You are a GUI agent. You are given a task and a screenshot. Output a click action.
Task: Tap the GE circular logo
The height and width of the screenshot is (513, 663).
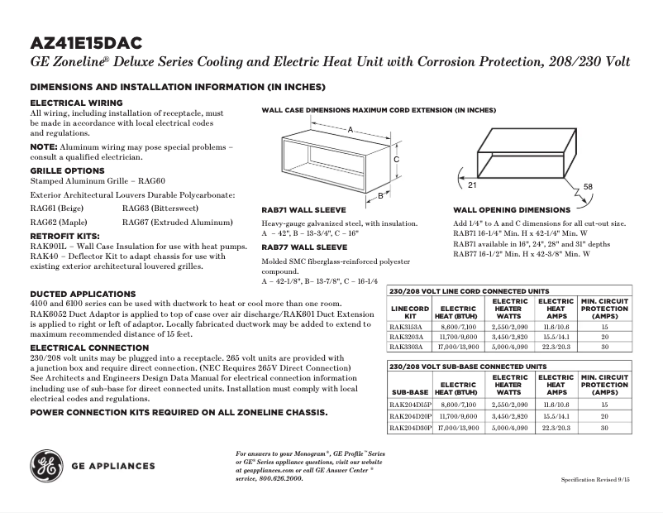[45, 466]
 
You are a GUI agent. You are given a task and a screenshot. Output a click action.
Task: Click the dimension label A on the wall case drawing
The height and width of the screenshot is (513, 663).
[351, 130]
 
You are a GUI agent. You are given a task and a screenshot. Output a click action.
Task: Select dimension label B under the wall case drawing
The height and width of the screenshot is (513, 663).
[380, 197]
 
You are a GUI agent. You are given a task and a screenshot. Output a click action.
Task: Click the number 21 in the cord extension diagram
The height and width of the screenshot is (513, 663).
[460, 173]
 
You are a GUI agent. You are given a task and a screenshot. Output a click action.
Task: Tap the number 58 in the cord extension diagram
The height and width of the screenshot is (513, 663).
[588, 186]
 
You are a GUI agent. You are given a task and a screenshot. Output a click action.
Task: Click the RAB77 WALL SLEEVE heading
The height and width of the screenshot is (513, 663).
[304, 247]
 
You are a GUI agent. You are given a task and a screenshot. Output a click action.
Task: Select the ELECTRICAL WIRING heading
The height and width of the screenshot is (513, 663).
[76, 103]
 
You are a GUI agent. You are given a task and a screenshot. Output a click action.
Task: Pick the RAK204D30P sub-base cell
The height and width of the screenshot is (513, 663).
[410, 428]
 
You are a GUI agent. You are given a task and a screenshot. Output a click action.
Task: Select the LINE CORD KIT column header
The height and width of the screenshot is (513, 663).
[409, 312]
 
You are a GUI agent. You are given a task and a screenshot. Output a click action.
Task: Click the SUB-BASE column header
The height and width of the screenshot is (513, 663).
[410, 391]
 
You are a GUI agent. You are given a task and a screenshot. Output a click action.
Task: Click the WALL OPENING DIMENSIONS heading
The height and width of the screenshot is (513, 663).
[511, 210]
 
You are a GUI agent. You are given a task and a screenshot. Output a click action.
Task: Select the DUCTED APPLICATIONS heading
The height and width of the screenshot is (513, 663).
[83, 294]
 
